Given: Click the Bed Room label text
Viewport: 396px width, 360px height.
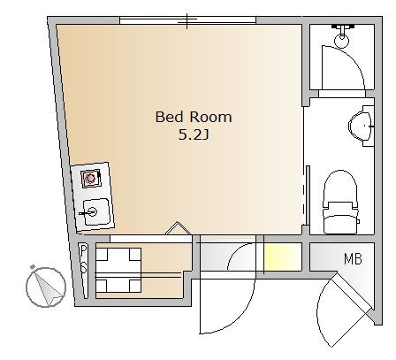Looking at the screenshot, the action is (x=194, y=117).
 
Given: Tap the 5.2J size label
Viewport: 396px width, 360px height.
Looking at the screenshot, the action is (x=194, y=135).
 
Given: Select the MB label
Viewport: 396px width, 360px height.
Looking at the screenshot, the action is (x=353, y=259).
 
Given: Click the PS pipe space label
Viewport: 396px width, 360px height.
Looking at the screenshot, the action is (x=84, y=259).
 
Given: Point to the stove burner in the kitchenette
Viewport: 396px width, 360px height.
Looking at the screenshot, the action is (x=91, y=178).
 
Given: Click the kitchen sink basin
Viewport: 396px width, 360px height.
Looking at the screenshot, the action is (x=96, y=211).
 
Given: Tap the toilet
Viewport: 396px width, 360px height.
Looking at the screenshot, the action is (x=340, y=203).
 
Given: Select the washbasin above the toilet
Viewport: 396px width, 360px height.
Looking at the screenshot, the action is (x=362, y=126).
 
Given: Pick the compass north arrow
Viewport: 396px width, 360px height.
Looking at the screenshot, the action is (x=46, y=287).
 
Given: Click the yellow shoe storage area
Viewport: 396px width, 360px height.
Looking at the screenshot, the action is (x=282, y=257).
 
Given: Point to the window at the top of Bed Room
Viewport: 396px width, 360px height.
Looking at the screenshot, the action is (x=187, y=20).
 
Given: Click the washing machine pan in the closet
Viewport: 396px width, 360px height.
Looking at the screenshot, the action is (x=118, y=271).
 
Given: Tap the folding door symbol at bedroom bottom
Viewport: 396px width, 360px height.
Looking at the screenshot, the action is (x=178, y=228).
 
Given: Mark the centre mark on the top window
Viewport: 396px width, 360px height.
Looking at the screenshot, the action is (x=187, y=20).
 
